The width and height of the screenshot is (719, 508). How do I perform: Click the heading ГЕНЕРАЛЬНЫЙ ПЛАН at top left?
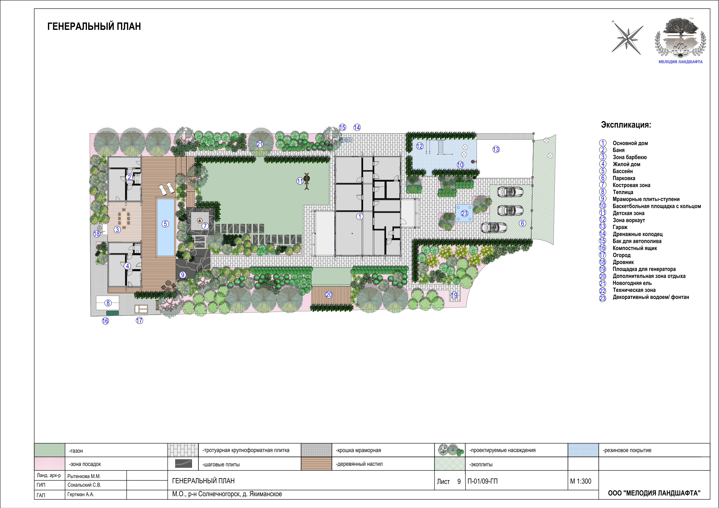pos(94,26)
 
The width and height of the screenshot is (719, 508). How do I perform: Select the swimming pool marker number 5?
pos(165,224)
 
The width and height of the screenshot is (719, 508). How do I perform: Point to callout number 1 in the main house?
pos(360,216)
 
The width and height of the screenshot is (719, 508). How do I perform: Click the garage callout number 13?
pos(496,149)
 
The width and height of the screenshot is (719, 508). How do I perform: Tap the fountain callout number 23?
pos(465,214)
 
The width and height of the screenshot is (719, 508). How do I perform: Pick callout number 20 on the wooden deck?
pos(329,294)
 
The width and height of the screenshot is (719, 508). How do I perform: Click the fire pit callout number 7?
pos(205,226)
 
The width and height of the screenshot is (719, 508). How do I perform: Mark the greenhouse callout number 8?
pos(108,303)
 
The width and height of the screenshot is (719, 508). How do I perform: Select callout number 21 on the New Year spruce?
pos(260,144)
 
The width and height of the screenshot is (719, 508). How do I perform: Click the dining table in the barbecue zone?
pos(124,217)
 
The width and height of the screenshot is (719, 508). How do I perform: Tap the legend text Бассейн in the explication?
pos(622,171)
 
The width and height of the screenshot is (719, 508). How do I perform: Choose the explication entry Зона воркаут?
pos(629,220)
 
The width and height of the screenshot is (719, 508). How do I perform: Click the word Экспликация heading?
pos(626,125)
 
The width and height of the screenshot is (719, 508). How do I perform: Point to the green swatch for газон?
pos(50,450)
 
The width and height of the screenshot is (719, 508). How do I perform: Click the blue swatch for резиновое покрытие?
pos(583,450)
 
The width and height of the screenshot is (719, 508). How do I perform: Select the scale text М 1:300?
pos(580,481)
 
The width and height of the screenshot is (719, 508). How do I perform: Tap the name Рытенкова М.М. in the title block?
pos(84,476)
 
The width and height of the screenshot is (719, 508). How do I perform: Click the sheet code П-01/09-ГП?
pos(482,481)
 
